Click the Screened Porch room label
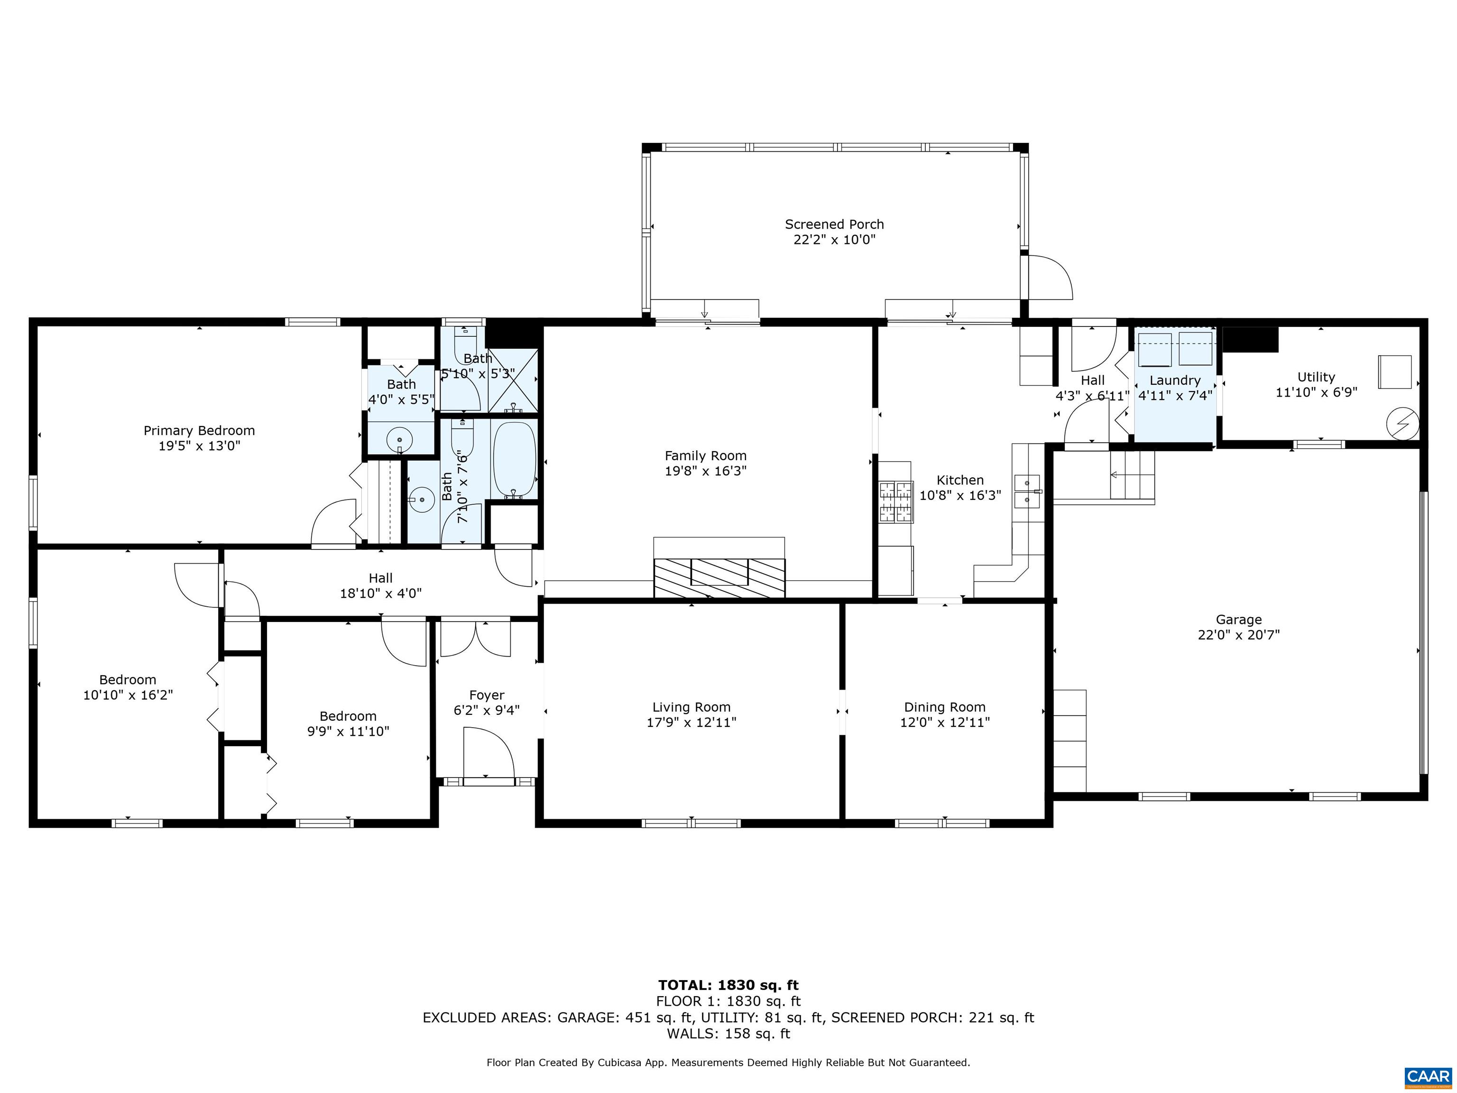click(x=834, y=224)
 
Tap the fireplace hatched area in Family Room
click(x=719, y=577)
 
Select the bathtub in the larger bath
click(x=515, y=459)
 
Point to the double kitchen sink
click(x=1027, y=491)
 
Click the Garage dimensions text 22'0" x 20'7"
click(x=1238, y=634)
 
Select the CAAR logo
click(x=1428, y=1076)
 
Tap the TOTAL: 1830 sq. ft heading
click(x=728, y=985)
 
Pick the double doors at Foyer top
click(x=475, y=638)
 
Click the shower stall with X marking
click(x=513, y=380)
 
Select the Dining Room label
click(x=945, y=707)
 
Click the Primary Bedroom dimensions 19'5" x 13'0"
click(x=199, y=445)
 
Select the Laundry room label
click(x=1174, y=380)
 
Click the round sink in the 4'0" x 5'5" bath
click(x=399, y=439)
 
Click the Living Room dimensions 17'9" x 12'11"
click(x=691, y=722)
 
